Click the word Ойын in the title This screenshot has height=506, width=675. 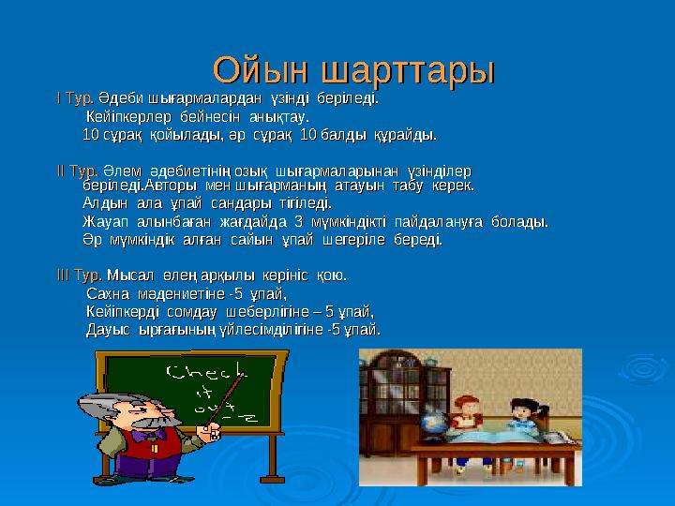[x=263, y=69]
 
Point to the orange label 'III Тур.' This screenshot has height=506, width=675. [x=81, y=275]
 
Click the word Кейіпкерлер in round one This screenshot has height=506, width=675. [x=127, y=116]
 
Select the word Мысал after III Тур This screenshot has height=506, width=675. [x=127, y=275]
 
